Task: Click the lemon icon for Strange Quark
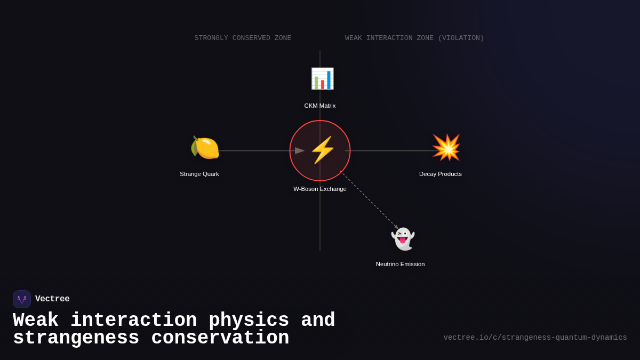[205, 148]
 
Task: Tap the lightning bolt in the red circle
[322, 150]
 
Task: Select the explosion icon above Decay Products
[446, 148]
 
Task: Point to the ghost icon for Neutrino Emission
[403, 239]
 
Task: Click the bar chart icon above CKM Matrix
[322, 79]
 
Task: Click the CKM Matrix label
[320, 106]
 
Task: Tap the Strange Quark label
[199, 174]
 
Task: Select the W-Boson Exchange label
[320, 189]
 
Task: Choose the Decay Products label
[441, 174]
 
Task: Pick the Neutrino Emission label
[401, 264]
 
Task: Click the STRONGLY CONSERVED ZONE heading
[243, 38]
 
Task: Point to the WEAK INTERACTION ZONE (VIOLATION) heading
[414, 38]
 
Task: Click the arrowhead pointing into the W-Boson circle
[300, 151]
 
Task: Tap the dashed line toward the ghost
[368, 199]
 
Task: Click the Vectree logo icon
[22, 299]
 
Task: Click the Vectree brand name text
[52, 299]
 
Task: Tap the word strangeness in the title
[76, 339]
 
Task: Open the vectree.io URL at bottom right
[535, 338]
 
